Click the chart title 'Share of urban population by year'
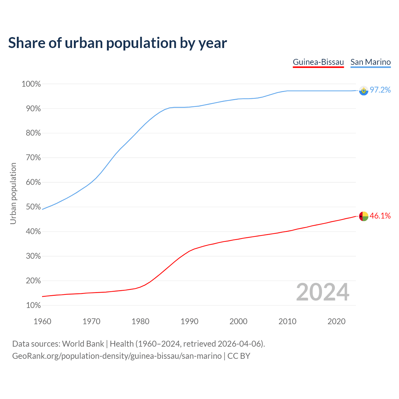(118, 43)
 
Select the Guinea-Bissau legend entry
(318, 62)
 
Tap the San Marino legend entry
(370, 62)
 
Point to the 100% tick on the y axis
(31, 84)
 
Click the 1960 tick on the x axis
(42, 321)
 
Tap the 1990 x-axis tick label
(190, 321)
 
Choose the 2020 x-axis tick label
(336, 321)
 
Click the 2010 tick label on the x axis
(287, 321)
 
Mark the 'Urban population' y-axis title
(13, 193)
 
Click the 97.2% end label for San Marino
(380, 90)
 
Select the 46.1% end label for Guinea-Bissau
(380, 216)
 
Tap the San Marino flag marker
(363, 91)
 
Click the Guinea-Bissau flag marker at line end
(363, 216)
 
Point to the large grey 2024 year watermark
(323, 292)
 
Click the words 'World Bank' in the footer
(83, 344)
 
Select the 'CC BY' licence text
(239, 356)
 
